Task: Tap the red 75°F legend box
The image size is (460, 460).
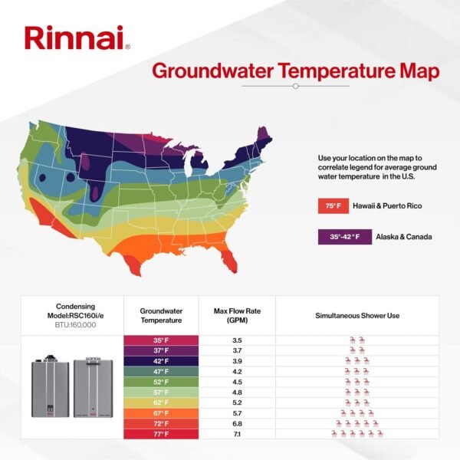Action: [332, 206]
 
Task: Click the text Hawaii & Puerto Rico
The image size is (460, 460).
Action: [388, 206]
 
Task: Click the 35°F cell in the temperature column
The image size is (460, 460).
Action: [161, 339]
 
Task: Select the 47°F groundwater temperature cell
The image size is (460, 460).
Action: [161, 371]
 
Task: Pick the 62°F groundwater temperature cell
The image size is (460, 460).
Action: [161, 402]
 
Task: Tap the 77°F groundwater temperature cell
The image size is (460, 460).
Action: [161, 434]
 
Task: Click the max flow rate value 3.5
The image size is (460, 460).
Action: [237, 339]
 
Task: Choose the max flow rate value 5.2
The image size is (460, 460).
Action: [237, 402]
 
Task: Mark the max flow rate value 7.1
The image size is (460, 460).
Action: [237, 434]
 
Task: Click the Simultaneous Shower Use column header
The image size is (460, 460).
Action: [356, 315]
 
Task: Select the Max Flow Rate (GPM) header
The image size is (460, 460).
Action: [237, 315]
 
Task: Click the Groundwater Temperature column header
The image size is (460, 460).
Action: [161, 315]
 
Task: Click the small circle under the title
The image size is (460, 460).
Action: [295, 87]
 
